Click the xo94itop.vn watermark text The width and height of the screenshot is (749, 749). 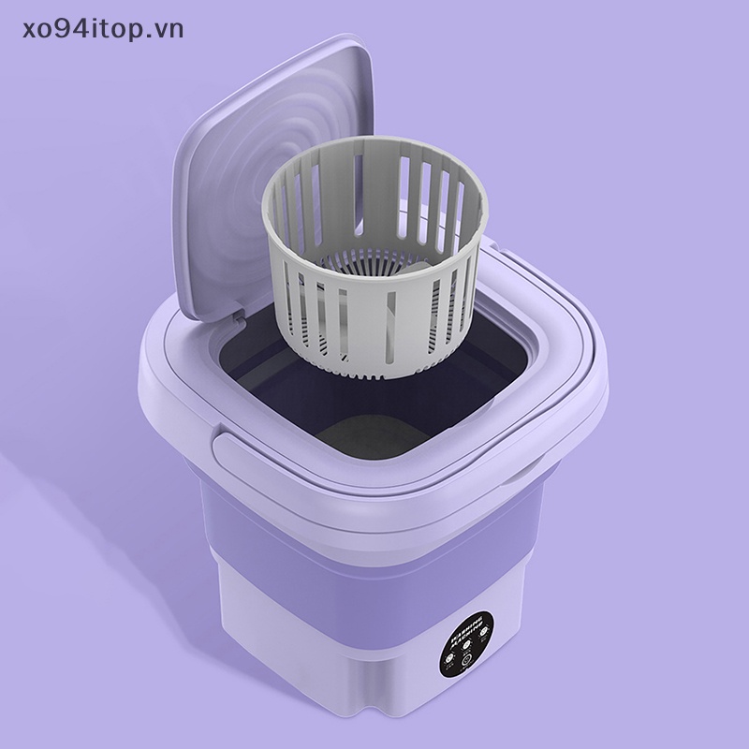pos(94,28)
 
